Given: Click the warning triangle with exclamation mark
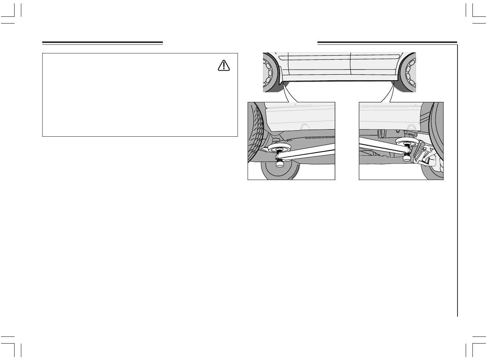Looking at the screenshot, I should point(223,66).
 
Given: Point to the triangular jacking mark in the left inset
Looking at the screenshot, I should point(304,126).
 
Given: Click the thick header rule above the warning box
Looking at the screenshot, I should point(102,43).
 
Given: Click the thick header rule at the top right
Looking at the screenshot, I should point(387,43).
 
